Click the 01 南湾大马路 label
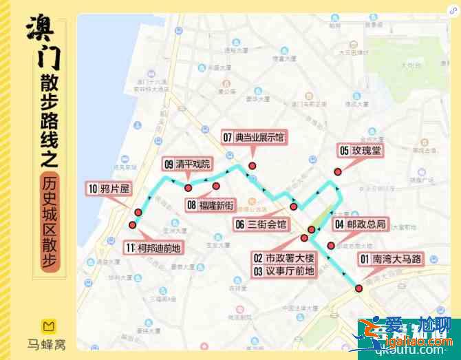click(x=389, y=259)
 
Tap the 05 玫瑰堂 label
click(x=359, y=150)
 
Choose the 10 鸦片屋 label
click(x=109, y=188)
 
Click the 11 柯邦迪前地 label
click(x=154, y=248)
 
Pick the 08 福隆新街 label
click(x=211, y=204)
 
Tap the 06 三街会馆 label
click(x=261, y=224)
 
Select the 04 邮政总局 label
click(x=360, y=224)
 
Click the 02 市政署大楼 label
click(x=282, y=258)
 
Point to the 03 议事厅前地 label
click(x=282, y=271)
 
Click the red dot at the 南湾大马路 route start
click(x=358, y=288)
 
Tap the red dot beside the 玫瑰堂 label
click(x=338, y=171)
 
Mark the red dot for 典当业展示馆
click(x=253, y=165)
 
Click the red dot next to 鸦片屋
click(x=138, y=212)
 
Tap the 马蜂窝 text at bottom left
click(x=47, y=343)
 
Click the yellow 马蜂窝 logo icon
click(x=47, y=326)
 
